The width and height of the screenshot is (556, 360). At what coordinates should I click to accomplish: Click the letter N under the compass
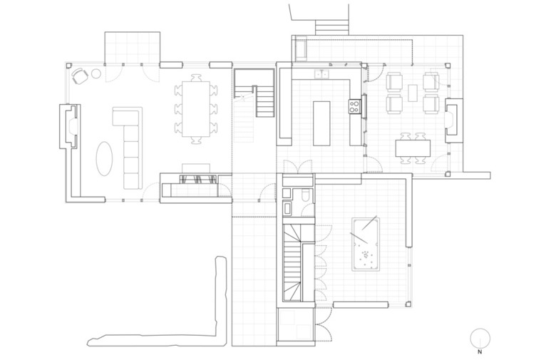[480, 352]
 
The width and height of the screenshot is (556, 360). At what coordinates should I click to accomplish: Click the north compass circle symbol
[480, 338]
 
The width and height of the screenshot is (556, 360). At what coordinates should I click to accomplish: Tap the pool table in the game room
[366, 245]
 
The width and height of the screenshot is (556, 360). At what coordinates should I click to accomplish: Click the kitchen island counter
[321, 123]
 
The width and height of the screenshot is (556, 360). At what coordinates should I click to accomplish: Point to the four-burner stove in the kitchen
[354, 106]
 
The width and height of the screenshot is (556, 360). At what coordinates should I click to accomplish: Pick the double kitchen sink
[322, 74]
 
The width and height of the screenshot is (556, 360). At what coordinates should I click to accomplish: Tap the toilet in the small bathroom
[306, 196]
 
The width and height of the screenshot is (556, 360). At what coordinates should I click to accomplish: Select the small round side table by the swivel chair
[96, 73]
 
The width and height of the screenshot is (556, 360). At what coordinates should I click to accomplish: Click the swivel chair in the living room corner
[80, 76]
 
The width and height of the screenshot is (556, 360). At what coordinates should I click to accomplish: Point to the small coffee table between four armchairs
[413, 93]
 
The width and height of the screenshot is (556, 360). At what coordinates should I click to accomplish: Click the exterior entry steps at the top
[332, 27]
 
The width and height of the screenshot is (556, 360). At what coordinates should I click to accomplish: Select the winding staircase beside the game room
[292, 262]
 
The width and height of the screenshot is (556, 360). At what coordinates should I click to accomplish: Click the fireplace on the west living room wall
[69, 126]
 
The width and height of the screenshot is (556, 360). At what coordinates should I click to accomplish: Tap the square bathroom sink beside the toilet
[287, 194]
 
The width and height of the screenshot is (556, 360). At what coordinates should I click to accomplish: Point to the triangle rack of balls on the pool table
[365, 254]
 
